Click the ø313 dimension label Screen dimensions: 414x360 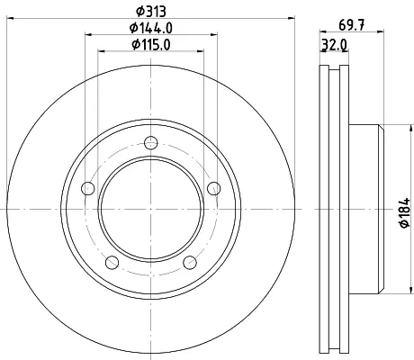click(x=151, y=12)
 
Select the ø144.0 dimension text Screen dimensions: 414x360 click(x=151, y=28)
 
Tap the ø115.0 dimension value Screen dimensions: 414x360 click(x=151, y=45)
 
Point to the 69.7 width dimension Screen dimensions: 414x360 click(x=352, y=25)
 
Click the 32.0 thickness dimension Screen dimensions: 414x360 click(x=335, y=45)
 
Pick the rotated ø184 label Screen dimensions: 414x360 click(x=404, y=212)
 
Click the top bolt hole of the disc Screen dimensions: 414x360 click(x=150, y=143)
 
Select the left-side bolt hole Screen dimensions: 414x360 click(x=88, y=188)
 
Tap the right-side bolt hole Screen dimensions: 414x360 click(x=214, y=188)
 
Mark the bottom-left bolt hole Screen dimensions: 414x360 click(x=112, y=263)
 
